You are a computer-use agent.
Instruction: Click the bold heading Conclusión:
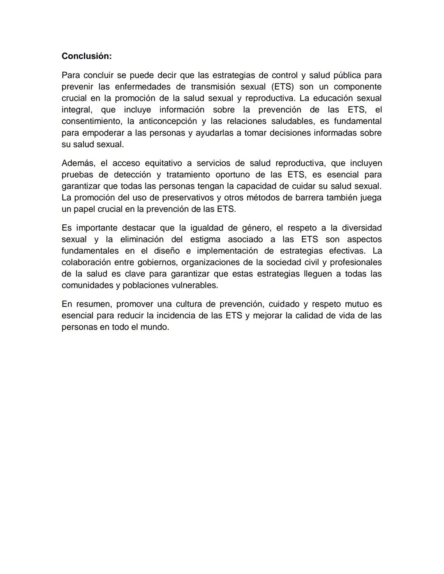86,56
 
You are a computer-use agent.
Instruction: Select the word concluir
98,75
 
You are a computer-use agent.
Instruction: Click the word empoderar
101,133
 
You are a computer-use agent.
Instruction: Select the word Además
78,163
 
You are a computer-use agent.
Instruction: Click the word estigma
205,239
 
